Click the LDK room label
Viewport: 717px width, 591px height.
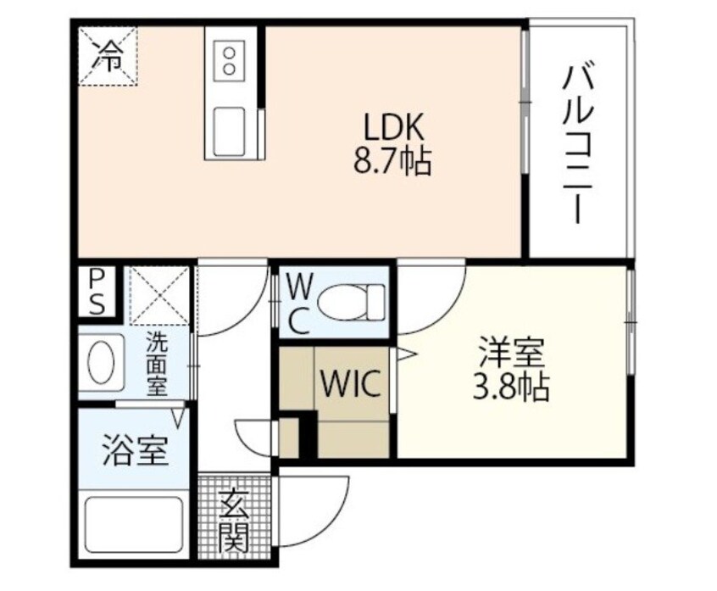pyautogui.click(x=392, y=128)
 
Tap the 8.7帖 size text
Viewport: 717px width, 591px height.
pyautogui.click(x=392, y=159)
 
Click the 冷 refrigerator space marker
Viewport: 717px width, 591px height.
pyautogui.click(x=108, y=56)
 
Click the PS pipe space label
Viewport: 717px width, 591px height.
pyautogui.click(x=98, y=292)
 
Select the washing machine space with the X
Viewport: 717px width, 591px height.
pyautogui.click(x=159, y=295)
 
